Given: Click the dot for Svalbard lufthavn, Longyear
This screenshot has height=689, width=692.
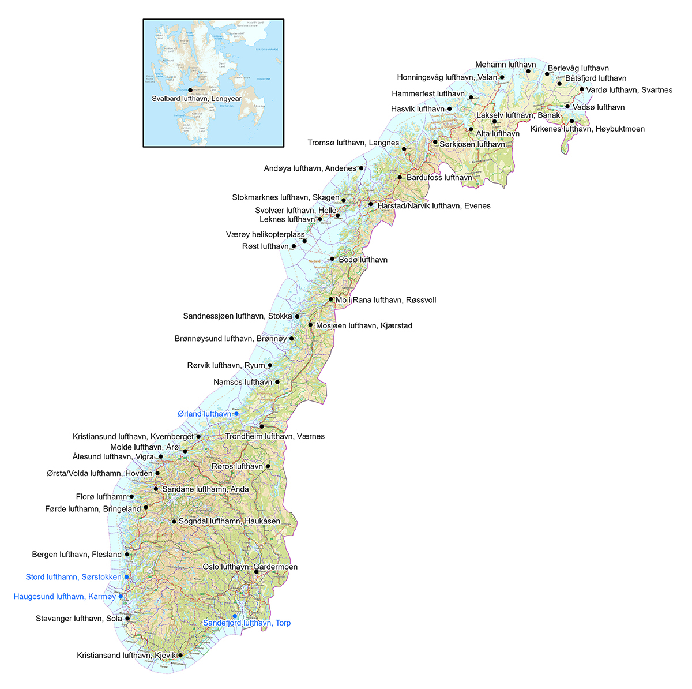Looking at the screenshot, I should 190,90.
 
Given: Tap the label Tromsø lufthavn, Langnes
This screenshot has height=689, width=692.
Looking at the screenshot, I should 353,143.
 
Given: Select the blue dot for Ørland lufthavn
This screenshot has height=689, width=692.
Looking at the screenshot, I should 236,414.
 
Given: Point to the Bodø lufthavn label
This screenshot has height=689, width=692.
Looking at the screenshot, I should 363,260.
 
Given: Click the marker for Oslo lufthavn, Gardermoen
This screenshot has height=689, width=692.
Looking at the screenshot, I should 256,572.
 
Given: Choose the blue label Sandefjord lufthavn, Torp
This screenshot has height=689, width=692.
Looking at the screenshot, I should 247,623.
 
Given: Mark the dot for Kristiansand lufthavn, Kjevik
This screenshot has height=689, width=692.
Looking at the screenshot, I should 180,655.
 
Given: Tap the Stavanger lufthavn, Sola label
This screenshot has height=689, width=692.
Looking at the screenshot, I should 79,619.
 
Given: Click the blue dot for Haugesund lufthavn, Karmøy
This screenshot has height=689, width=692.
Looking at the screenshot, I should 121,596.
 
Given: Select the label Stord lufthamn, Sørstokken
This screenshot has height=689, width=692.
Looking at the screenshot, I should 74,577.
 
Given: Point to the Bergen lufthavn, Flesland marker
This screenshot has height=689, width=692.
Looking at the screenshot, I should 127,555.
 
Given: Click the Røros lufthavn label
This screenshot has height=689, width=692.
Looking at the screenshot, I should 237,466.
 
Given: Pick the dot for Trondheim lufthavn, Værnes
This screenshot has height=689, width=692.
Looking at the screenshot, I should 262,426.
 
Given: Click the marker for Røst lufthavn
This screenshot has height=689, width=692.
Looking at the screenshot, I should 294,246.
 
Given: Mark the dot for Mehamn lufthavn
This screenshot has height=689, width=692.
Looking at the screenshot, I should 528,72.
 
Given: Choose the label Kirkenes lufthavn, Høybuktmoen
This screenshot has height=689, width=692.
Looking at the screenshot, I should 588,129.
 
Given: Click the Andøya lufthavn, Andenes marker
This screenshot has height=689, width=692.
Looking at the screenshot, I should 361,168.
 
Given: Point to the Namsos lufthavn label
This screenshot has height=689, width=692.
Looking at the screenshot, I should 243,382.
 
